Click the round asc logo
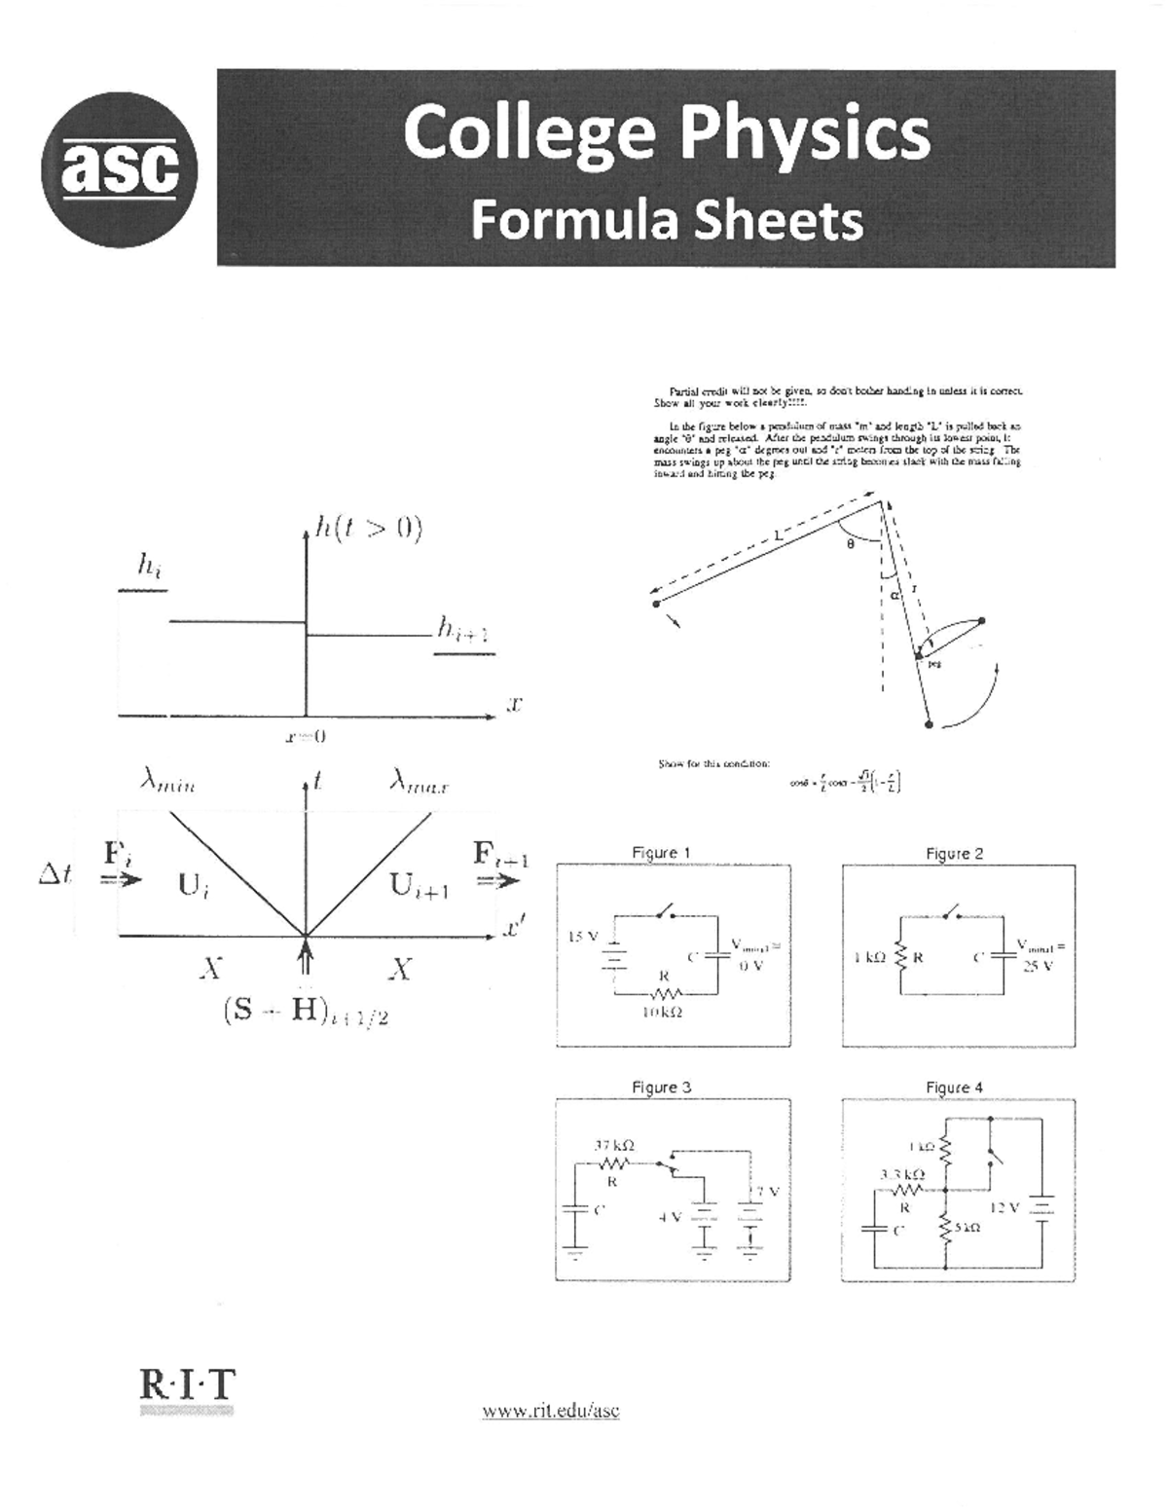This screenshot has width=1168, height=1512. coord(119,171)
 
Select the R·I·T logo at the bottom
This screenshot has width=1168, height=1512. coord(188,1384)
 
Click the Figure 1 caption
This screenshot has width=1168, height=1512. coord(661,853)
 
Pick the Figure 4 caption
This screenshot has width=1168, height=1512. coord(954,1088)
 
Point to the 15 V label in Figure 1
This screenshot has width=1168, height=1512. coord(582,937)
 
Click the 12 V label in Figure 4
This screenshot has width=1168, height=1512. coord(1004,1207)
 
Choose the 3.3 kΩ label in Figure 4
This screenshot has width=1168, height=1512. coord(902,1175)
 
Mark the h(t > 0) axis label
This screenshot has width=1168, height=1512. coord(368,530)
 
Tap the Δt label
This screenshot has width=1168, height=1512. coord(55,875)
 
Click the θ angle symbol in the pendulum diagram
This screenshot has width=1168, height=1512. coord(850,545)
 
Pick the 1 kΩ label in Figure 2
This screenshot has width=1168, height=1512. coord(869,958)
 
